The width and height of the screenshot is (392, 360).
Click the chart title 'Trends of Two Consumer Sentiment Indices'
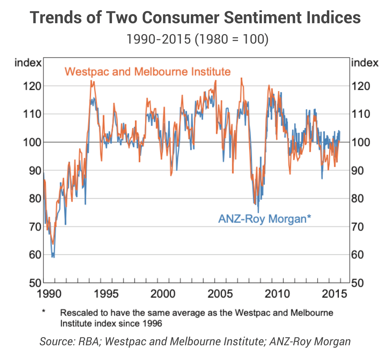point(196,18)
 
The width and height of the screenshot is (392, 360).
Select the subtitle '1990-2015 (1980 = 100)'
point(197,39)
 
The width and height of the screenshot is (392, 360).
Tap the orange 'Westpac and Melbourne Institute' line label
point(147,72)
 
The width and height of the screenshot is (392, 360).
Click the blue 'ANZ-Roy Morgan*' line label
point(264,219)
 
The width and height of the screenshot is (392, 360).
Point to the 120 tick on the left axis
point(32,86)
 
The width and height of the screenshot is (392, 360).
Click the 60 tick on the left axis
point(32,255)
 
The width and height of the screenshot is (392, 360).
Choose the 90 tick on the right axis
point(361,170)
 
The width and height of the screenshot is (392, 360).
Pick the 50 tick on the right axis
point(357,283)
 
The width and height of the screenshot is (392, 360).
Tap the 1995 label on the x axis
point(106,294)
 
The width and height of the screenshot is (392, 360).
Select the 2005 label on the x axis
point(220,294)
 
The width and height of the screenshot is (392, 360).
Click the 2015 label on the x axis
point(334,294)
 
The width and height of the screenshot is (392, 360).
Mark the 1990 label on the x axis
point(49,294)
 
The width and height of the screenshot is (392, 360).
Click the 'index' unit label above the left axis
point(28,63)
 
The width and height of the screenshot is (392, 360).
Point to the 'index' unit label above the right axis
point(365,63)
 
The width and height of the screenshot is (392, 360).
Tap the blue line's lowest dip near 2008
point(258,212)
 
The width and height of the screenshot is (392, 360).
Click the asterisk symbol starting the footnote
point(44,311)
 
